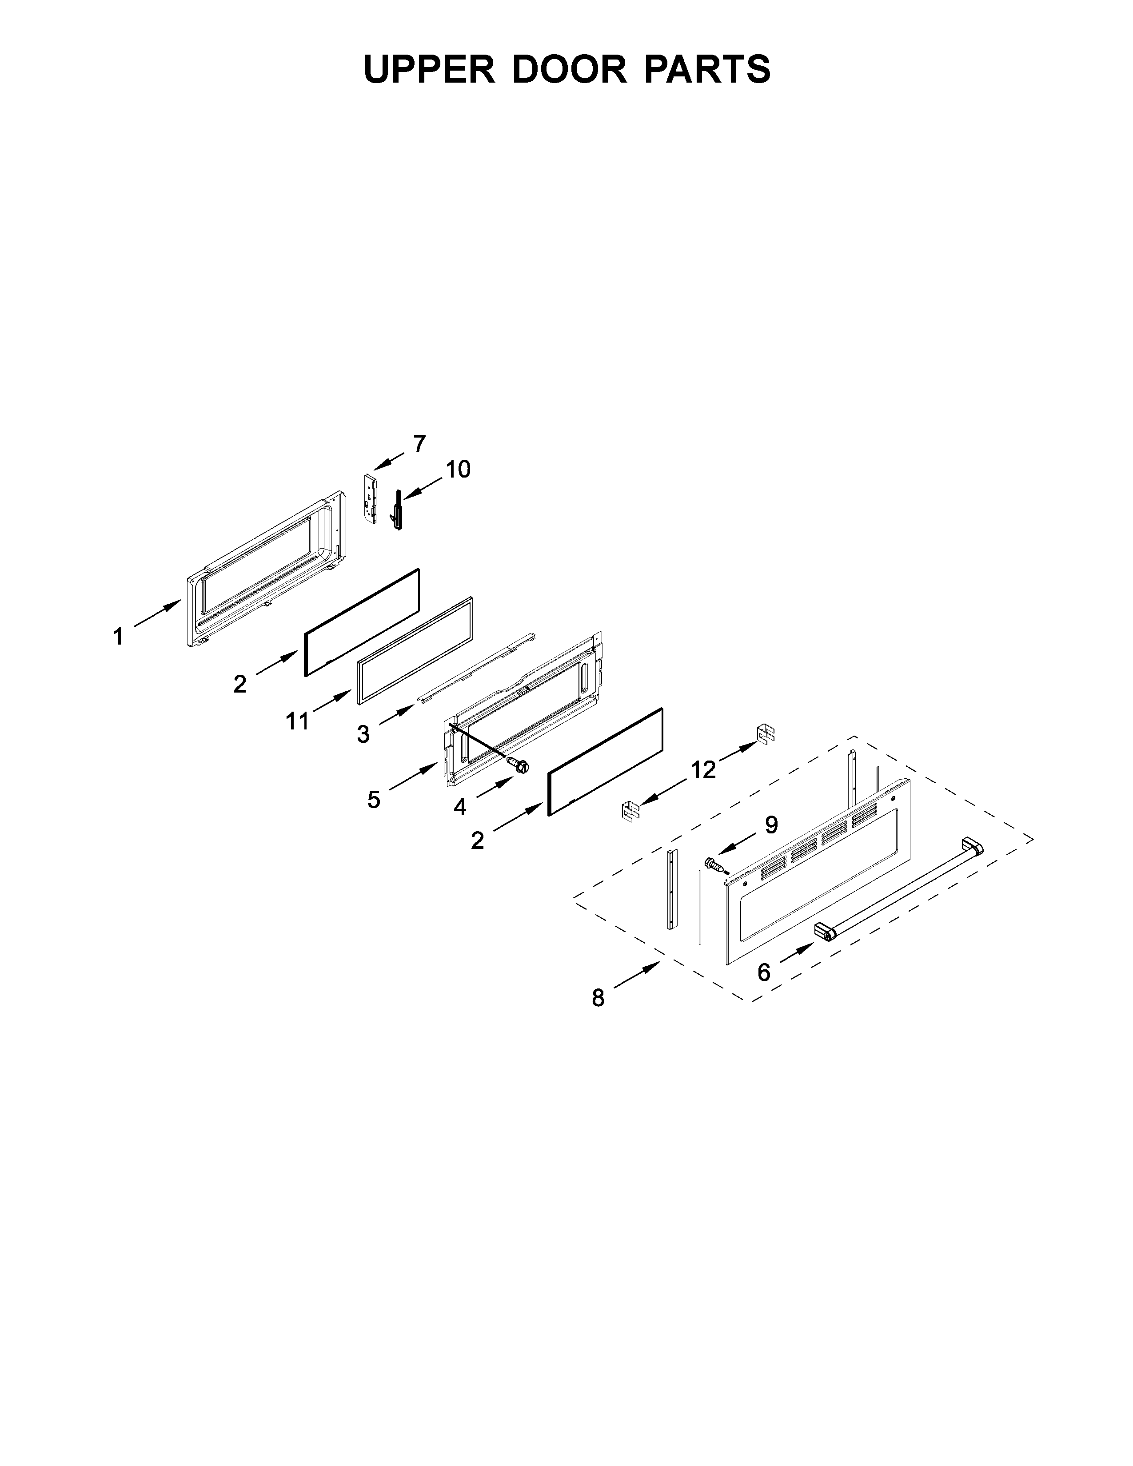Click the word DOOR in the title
click(569, 69)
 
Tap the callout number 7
click(419, 444)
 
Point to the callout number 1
click(119, 636)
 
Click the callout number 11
click(297, 721)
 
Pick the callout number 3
click(363, 734)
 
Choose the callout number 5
click(373, 800)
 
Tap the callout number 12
click(703, 770)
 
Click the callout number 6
click(764, 972)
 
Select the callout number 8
click(598, 1017)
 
